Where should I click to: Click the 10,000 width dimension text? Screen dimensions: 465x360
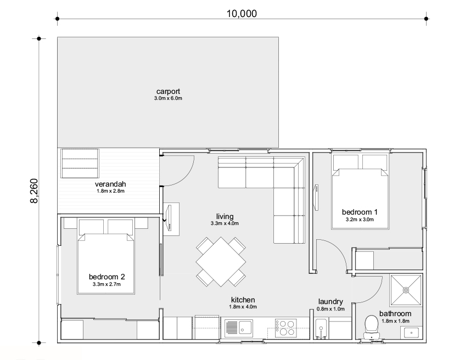click(242, 14)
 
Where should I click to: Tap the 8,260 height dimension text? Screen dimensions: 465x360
click(34, 191)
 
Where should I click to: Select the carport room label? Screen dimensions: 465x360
click(168, 91)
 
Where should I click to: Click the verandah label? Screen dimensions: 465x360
click(110, 184)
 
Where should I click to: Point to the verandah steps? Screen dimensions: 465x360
click(80, 164)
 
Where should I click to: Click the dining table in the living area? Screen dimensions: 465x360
click(221, 262)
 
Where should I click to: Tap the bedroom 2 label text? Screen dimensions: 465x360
click(107, 277)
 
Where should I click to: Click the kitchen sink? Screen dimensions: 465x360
click(239, 328)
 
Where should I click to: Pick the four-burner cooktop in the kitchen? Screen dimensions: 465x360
click(285, 328)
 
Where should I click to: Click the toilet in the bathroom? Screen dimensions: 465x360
click(372, 326)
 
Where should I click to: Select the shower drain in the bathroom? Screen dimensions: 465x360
click(406, 290)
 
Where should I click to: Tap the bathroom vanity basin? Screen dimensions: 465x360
click(411, 333)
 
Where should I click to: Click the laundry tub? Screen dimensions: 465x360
click(321, 328)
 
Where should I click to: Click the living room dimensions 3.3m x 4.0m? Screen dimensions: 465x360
click(225, 223)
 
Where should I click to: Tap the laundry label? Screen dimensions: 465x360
click(330, 302)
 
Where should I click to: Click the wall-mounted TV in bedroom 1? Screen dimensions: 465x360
click(316, 198)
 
